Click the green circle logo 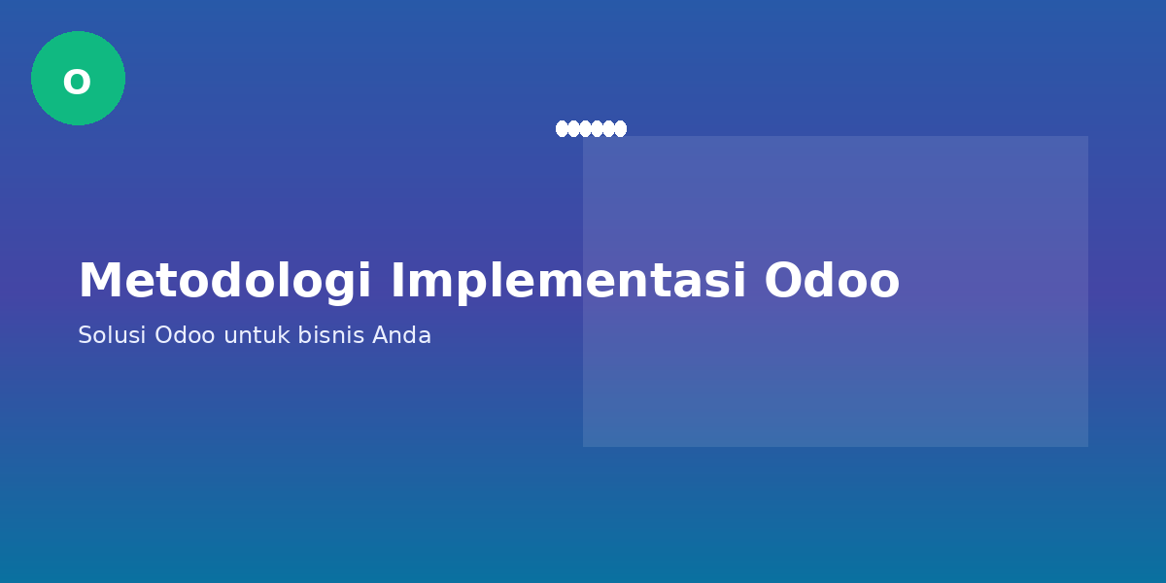click(x=78, y=78)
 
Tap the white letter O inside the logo click(x=77, y=83)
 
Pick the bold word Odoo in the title click(x=832, y=282)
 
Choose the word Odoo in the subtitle click(x=185, y=336)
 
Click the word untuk click(x=257, y=336)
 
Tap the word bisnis click(x=331, y=336)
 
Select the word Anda click(x=401, y=336)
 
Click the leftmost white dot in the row click(x=562, y=128)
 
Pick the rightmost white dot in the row click(x=621, y=128)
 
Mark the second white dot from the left click(x=573, y=128)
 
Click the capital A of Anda click(x=380, y=336)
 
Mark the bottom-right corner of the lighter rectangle click(x=1087, y=446)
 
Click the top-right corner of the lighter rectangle click(x=1087, y=137)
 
